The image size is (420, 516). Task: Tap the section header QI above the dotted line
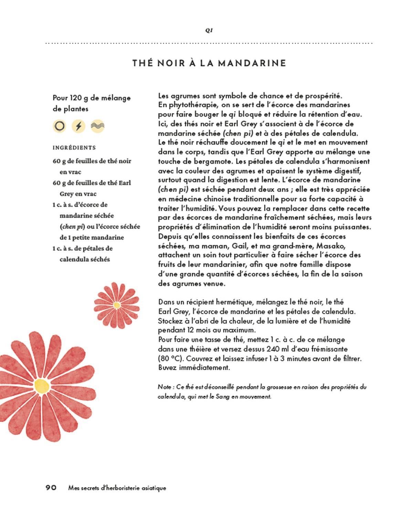pyautogui.click(x=209, y=30)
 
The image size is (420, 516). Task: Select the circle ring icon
pyautogui.click(x=60, y=126)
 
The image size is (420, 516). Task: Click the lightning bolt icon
pyautogui.click(x=78, y=126)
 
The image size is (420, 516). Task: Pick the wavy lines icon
pyautogui.click(x=97, y=126)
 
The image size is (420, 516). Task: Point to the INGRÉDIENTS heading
pyautogui.click(x=74, y=148)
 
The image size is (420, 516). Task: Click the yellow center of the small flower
pyautogui.click(x=117, y=305)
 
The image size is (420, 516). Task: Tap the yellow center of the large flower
pyautogui.click(x=41, y=386)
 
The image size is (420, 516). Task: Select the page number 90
pyautogui.click(x=51, y=488)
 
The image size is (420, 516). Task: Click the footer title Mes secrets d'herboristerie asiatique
pyautogui.click(x=117, y=488)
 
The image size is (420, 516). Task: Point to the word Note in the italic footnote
pyautogui.click(x=164, y=387)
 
